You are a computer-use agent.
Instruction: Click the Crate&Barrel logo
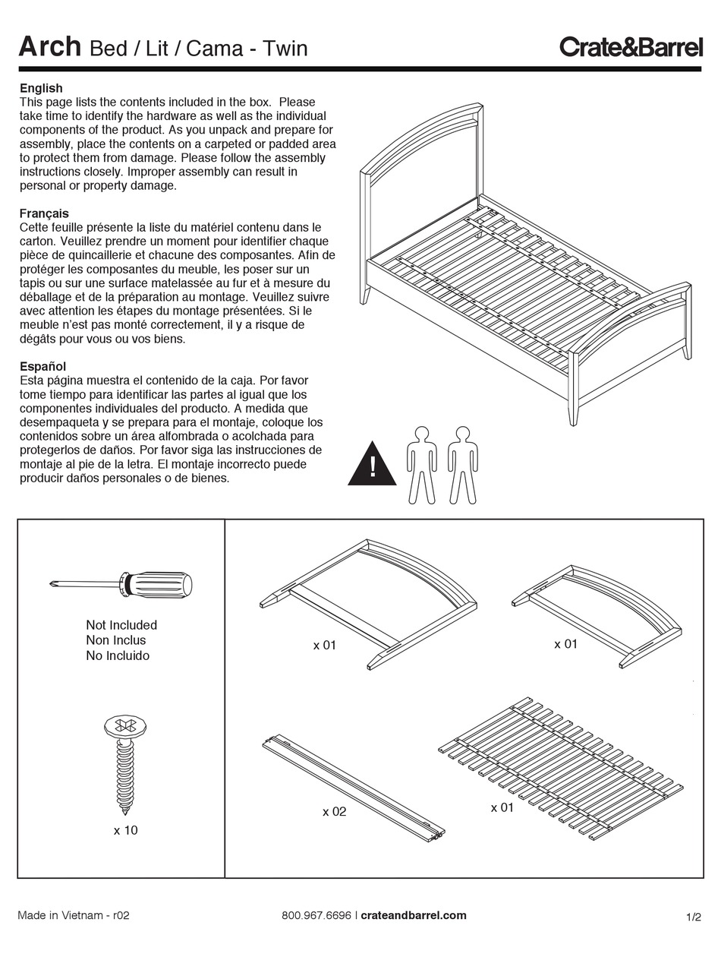[631, 47]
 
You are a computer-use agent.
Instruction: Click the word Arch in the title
[49, 47]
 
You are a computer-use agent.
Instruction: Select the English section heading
[41, 88]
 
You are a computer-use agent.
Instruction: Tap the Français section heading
[44, 213]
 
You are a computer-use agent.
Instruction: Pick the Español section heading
[43, 366]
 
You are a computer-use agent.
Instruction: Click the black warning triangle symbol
[372, 466]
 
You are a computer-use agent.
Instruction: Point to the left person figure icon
[422, 465]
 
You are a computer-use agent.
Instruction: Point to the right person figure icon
[462, 465]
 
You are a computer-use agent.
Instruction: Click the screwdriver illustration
[121, 586]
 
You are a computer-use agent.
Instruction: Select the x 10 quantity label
[126, 830]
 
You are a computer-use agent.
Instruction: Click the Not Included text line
[121, 625]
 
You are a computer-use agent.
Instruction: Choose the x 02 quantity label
[334, 811]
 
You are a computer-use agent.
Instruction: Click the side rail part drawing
[354, 787]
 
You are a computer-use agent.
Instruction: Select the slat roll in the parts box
[562, 767]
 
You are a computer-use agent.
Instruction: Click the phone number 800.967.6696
[316, 915]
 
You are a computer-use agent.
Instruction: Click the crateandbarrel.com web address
[414, 915]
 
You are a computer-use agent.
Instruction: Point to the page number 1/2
[694, 917]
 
